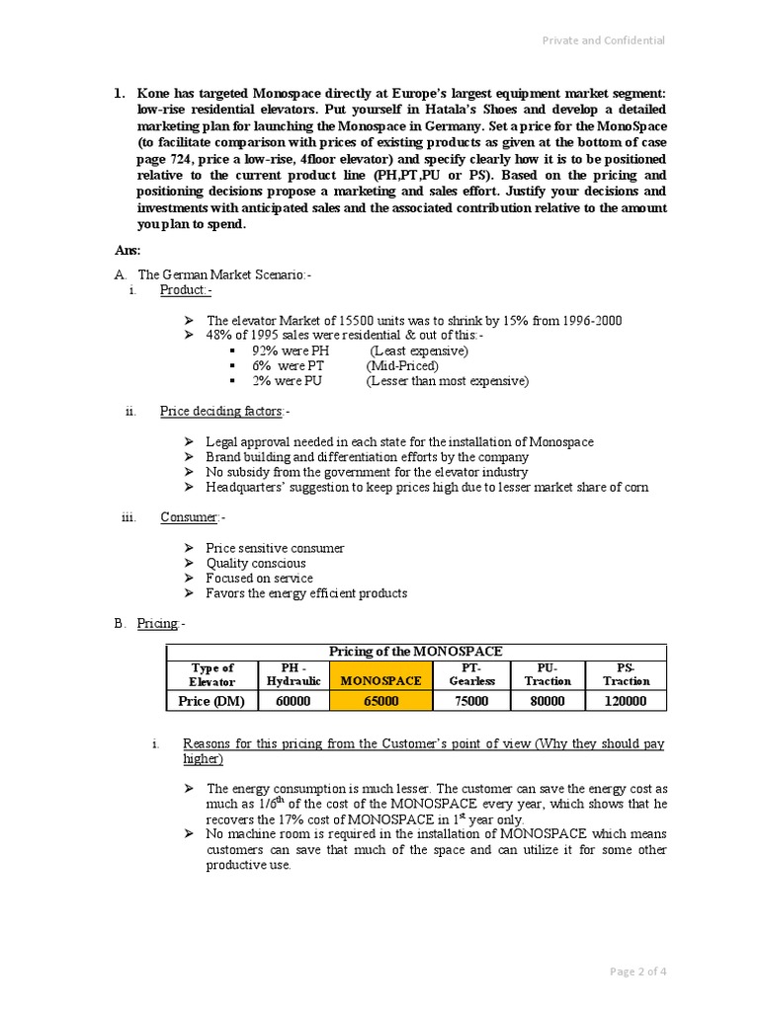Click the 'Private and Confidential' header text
(602, 40)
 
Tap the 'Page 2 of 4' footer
(637, 972)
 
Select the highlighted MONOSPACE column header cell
(380, 680)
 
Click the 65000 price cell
(380, 701)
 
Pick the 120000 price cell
(626, 701)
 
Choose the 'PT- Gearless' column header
(470, 674)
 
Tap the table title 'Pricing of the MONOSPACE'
(415, 652)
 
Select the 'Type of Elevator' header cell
(211, 674)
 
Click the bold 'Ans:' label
(127, 251)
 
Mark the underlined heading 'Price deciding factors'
(222, 411)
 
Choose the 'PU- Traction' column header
(548, 674)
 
